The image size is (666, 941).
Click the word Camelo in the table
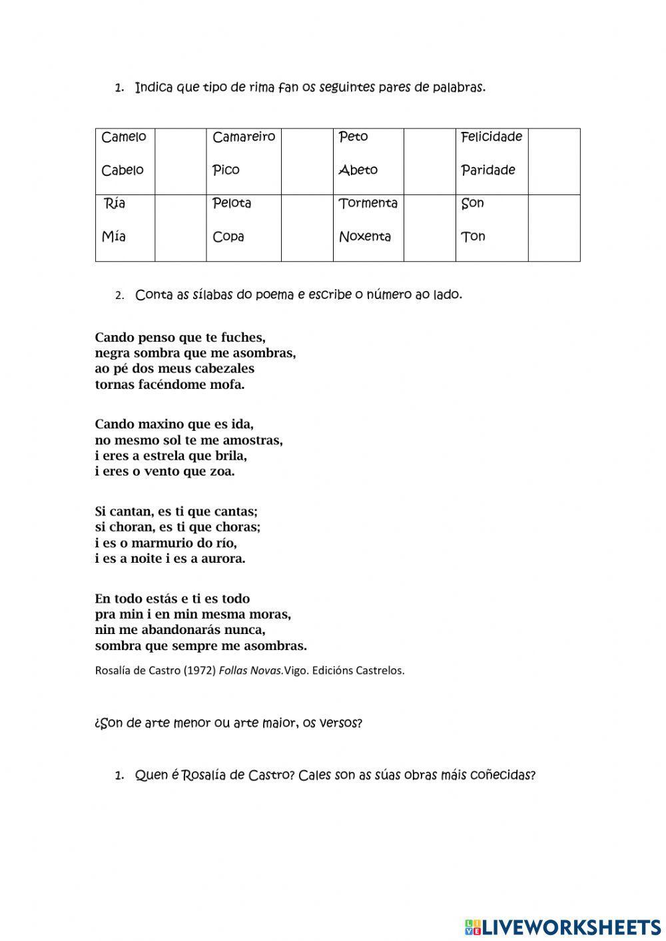(x=124, y=137)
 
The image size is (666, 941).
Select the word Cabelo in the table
(x=123, y=170)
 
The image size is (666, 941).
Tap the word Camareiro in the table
(x=244, y=137)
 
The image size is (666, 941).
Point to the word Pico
(x=226, y=170)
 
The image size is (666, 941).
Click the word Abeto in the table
(x=358, y=170)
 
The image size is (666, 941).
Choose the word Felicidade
(x=492, y=137)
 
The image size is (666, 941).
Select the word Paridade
(x=488, y=170)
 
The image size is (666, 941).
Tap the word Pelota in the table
(x=232, y=203)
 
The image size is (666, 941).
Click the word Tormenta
(x=368, y=203)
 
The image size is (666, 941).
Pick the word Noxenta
(x=365, y=236)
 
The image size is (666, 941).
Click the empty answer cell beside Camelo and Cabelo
(x=180, y=162)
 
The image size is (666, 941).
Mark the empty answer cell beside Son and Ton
(x=554, y=228)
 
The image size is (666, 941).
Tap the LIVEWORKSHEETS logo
(x=563, y=926)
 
